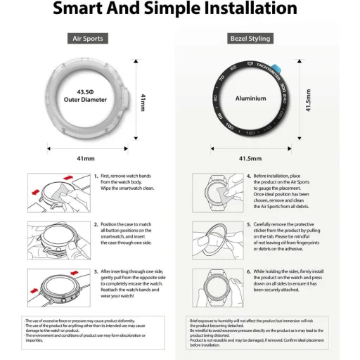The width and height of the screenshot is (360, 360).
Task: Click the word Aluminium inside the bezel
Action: (x=250, y=99)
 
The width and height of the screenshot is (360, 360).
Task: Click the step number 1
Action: (x=96, y=177)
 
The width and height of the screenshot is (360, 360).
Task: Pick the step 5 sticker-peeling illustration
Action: (x=214, y=240)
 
